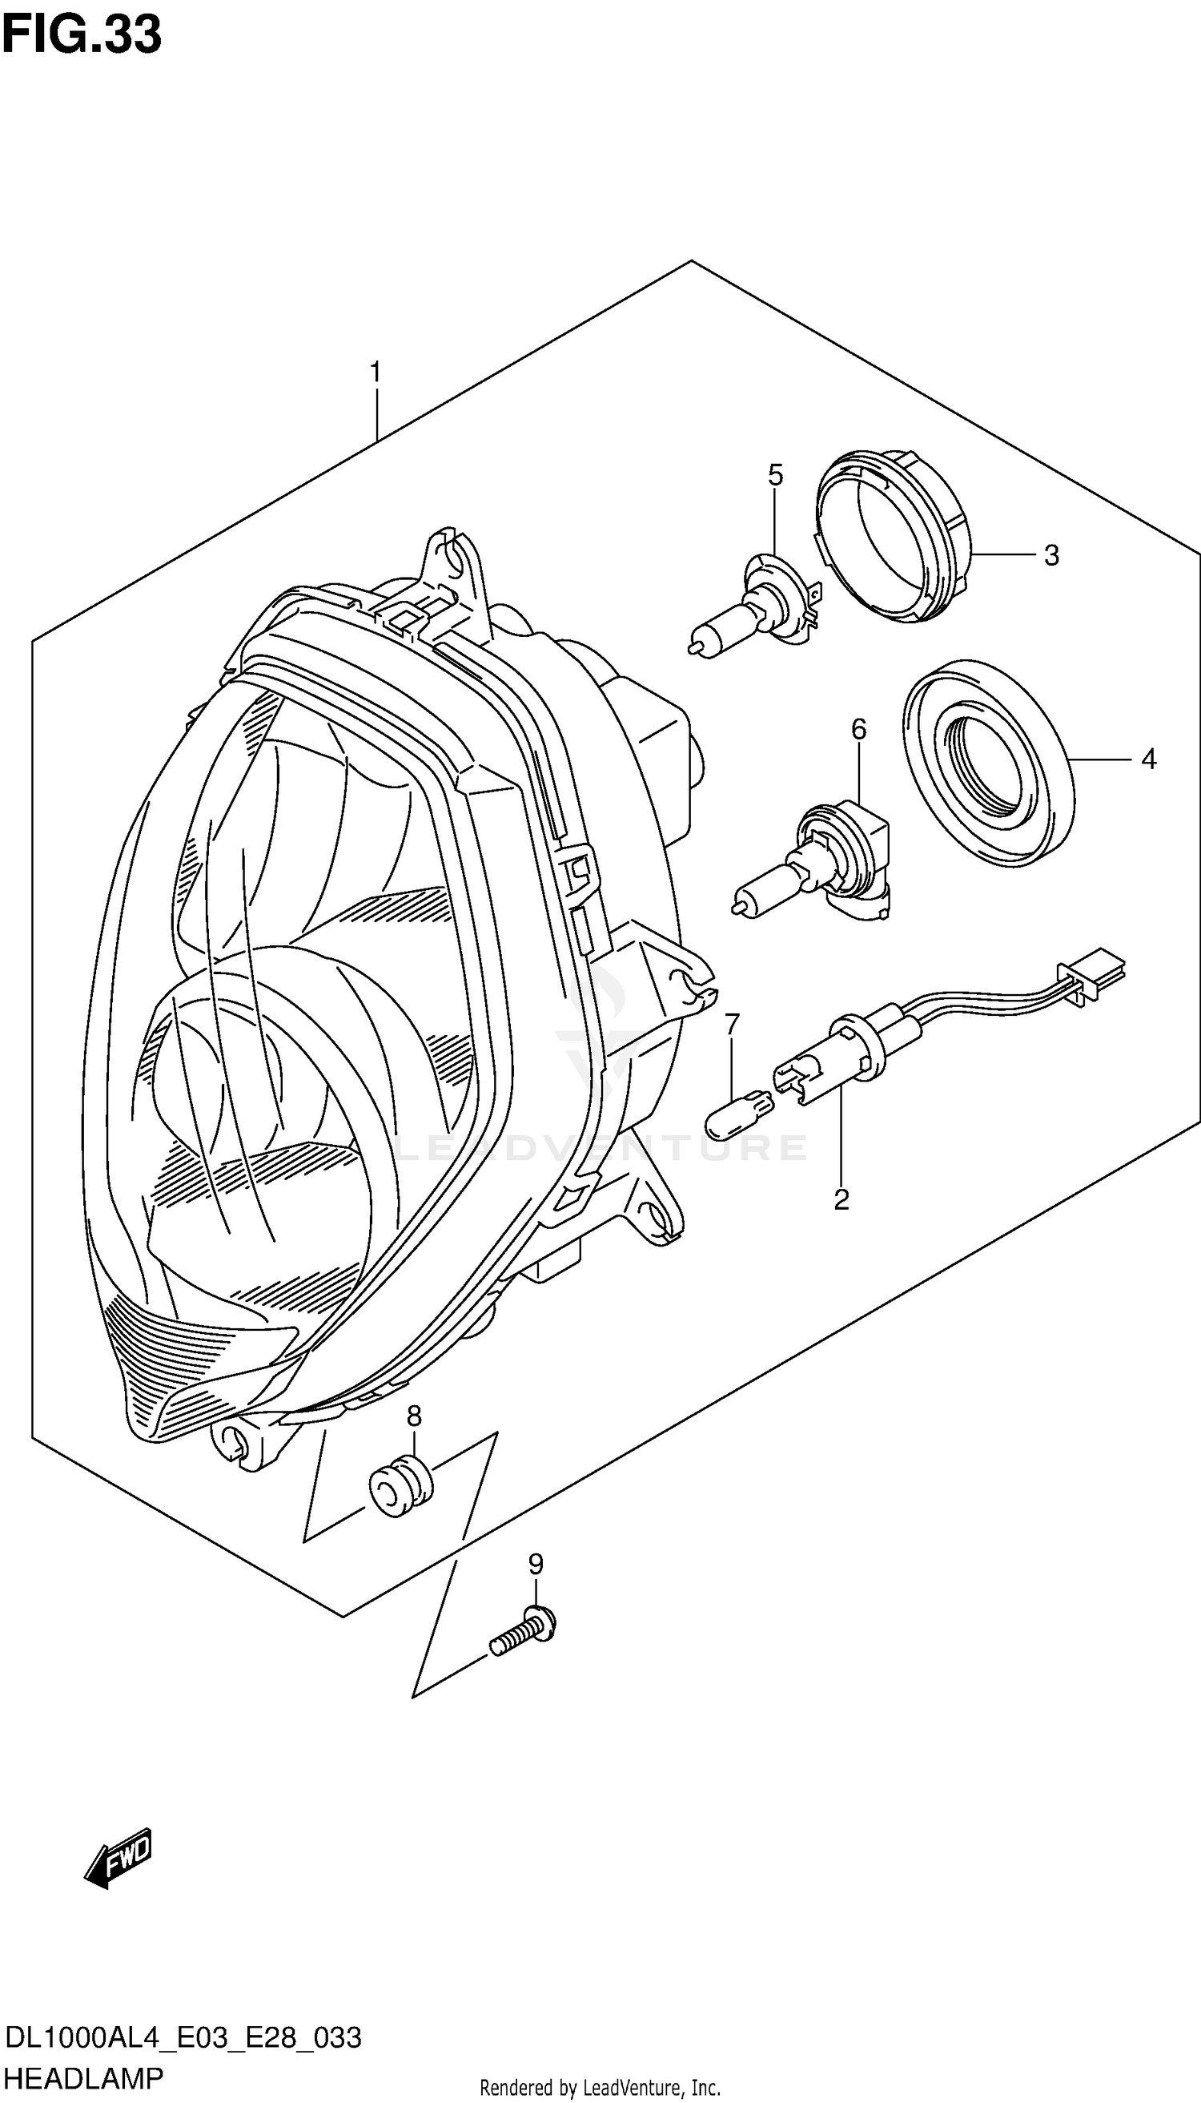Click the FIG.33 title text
(81, 34)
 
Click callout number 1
(376, 373)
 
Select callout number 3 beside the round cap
(1050, 555)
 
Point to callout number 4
(1148, 759)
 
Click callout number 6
(858, 729)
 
